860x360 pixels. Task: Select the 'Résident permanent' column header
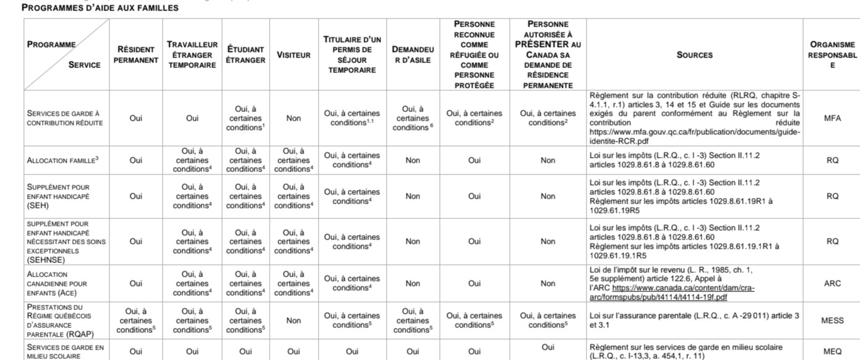pos(135,54)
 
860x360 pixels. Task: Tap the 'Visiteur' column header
pos(293,55)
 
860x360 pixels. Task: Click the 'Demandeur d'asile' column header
pos(413,54)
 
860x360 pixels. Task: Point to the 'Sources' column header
pos(694,55)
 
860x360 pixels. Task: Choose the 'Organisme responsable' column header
pos(832,54)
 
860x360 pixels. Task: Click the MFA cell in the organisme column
pos(832,118)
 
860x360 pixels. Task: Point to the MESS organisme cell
pos(832,320)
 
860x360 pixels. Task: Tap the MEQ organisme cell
pos(832,351)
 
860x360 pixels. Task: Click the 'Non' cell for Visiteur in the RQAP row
pos(293,320)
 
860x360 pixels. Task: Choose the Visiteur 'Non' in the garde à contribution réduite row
pos(293,118)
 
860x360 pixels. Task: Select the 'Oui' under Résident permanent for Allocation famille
pos(135,160)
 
